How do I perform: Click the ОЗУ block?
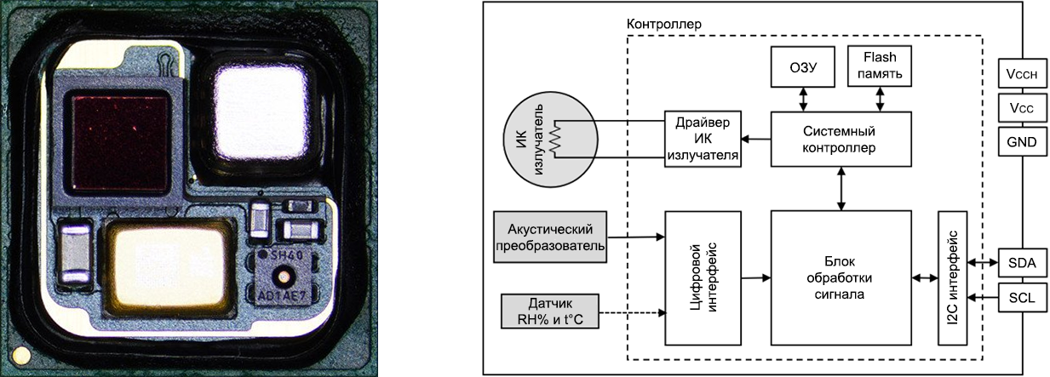coord(802,66)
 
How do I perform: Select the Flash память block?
coord(880,66)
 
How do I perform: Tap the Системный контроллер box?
coord(841,139)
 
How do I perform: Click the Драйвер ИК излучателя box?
coord(703,139)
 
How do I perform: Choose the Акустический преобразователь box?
coord(550,237)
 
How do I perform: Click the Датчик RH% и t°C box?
coord(550,311)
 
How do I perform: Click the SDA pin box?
coord(1022,263)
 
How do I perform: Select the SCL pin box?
coord(1022,297)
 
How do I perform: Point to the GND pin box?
coord(1022,141)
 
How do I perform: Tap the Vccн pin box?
coord(1022,73)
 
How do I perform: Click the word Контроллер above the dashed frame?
coord(663,25)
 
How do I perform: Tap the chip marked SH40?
coord(282,277)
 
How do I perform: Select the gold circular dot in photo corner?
coord(20,356)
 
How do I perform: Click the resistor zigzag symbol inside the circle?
coord(556,139)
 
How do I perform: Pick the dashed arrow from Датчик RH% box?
coord(633,312)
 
